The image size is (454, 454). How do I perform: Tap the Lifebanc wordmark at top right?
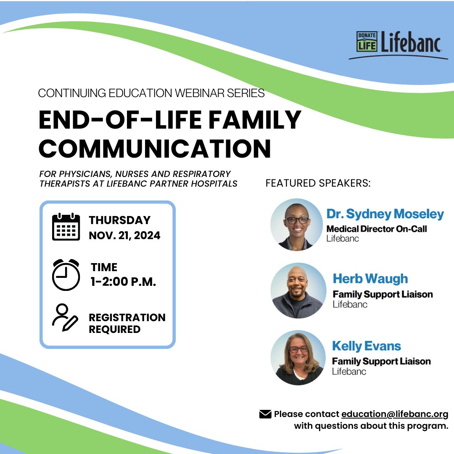411,42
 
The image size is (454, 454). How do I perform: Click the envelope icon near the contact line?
265,414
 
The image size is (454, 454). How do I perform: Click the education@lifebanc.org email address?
395,414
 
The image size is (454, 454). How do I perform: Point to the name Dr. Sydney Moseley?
385,214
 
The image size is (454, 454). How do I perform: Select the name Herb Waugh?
370,278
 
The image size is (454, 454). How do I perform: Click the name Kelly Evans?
367,346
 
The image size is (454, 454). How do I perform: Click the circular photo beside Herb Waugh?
298,290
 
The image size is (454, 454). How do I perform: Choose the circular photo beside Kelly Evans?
298,358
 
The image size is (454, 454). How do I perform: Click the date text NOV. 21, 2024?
124,235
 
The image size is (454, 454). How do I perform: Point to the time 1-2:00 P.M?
123,282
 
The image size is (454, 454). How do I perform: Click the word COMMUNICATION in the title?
155,148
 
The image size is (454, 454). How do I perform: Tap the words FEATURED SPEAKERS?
318,184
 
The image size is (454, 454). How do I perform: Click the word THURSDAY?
119,220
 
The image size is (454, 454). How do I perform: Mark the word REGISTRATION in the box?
127,317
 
